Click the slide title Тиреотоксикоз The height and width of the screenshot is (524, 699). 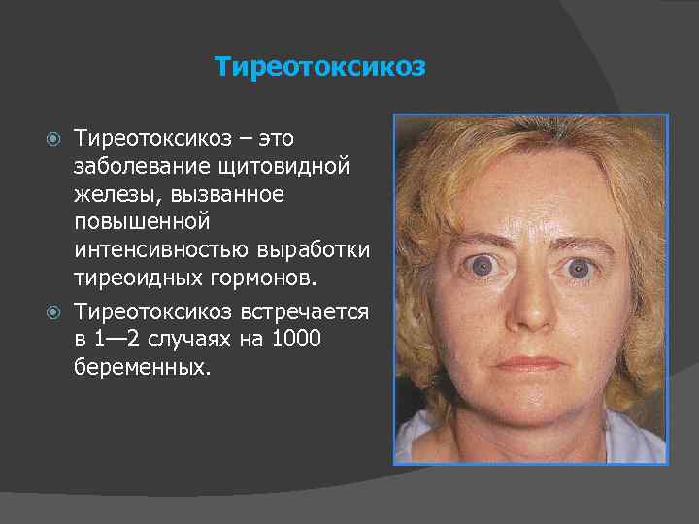coord(319,67)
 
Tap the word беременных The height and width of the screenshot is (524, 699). coord(141,368)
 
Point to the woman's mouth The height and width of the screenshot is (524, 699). coord(528,363)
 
